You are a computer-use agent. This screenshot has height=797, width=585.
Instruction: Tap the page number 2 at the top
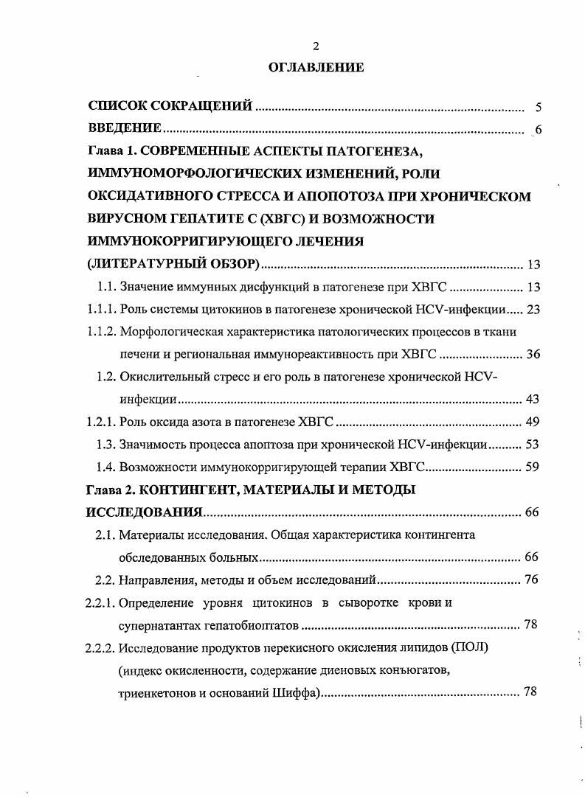click(316, 46)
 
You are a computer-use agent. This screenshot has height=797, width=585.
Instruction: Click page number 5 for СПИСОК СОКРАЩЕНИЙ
click(538, 107)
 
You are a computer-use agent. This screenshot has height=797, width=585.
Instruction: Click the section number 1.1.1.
click(101, 310)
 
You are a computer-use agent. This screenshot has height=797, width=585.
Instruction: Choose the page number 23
click(533, 310)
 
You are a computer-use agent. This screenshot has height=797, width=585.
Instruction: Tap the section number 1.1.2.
click(101, 332)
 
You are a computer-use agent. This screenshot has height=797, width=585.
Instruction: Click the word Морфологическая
click(169, 332)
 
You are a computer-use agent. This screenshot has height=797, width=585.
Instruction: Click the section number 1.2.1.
click(101, 422)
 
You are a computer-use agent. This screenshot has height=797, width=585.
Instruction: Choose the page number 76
click(531, 580)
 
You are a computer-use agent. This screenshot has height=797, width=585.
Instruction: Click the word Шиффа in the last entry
click(294, 692)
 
